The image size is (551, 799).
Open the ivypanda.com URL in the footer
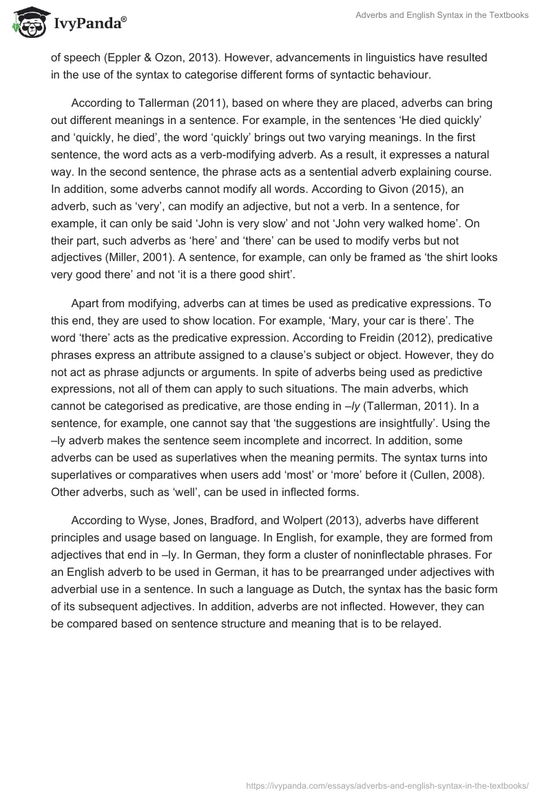coord(388,785)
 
